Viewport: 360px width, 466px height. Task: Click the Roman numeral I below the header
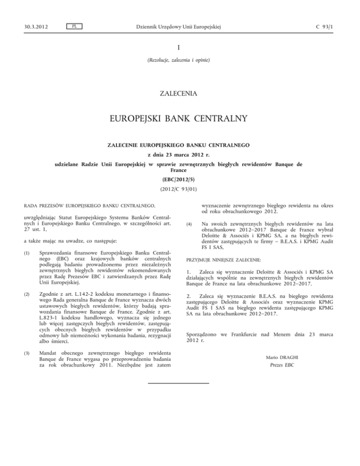180,48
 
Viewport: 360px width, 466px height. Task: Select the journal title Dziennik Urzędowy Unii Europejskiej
180,26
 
